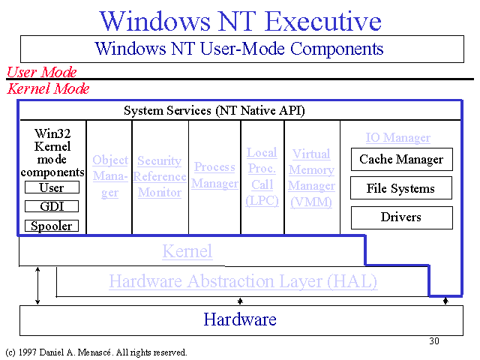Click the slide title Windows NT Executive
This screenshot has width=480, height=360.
[x=240, y=21]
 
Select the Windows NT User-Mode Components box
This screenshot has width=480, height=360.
[x=242, y=49]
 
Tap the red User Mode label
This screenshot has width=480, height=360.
[x=42, y=72]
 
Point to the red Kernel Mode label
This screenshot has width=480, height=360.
[x=48, y=88]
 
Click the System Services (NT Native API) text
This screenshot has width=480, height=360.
[x=214, y=110]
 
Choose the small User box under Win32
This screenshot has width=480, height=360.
[x=52, y=187]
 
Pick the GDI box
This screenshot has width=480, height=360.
[x=52, y=206]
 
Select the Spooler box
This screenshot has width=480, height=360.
[x=52, y=226]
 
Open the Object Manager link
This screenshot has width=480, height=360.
[x=110, y=176]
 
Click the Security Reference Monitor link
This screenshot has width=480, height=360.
[x=160, y=176]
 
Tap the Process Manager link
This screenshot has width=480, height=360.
[x=215, y=175]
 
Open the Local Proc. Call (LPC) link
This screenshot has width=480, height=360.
[x=262, y=177]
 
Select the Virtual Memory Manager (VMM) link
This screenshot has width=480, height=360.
[x=312, y=178]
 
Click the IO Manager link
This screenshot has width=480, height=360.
[x=398, y=137]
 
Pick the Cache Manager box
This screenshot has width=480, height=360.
[x=402, y=160]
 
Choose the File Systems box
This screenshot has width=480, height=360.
[x=401, y=188]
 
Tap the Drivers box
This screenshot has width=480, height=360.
[x=402, y=217]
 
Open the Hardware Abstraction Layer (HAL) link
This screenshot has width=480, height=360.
[x=243, y=281]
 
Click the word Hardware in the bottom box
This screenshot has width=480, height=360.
[x=240, y=319]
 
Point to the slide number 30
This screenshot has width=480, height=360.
[x=434, y=341]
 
